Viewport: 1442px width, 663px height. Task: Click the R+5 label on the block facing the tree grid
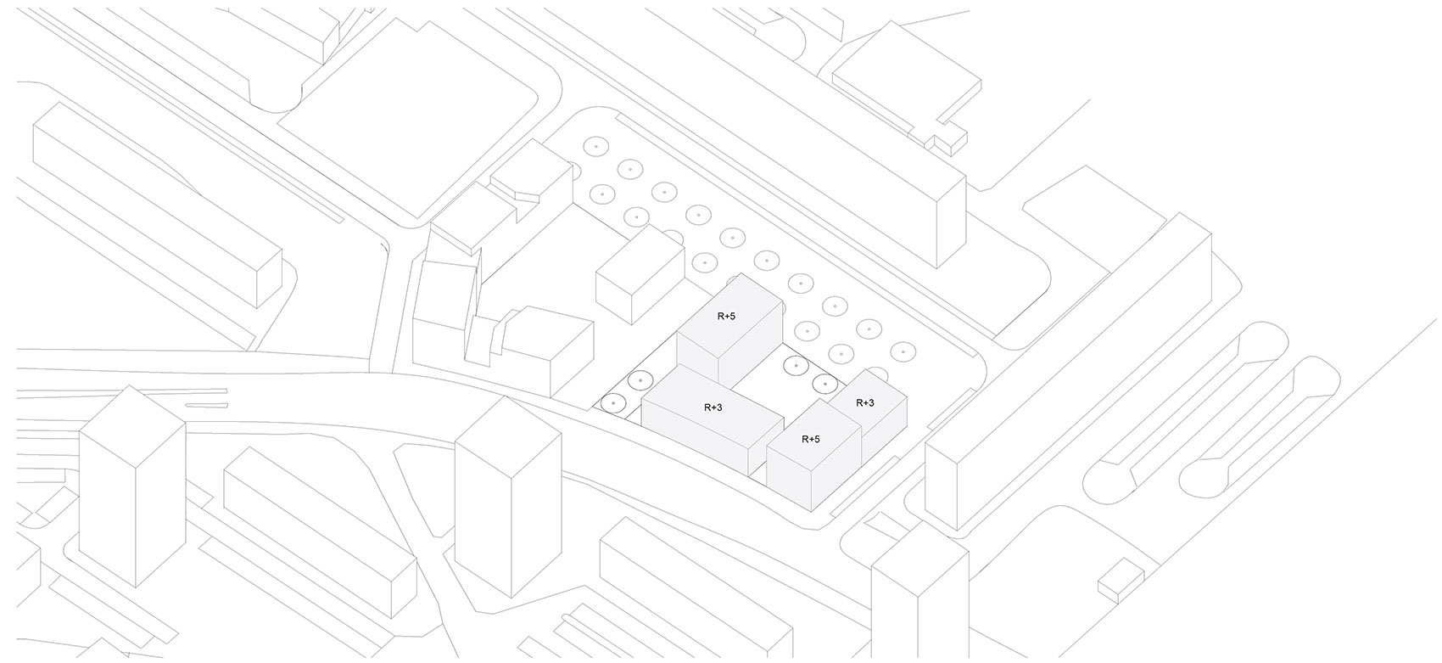(x=725, y=317)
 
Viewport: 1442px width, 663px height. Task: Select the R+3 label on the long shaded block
(x=713, y=407)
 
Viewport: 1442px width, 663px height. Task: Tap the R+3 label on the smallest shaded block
(x=865, y=402)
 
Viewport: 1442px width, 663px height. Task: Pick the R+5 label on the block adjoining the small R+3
(x=810, y=440)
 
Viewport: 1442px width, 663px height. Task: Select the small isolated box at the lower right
(x=1121, y=581)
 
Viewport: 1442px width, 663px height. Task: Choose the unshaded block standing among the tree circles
(x=640, y=274)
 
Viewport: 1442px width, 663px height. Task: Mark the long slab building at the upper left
(x=158, y=205)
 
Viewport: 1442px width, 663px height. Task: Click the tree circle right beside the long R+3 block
(x=640, y=381)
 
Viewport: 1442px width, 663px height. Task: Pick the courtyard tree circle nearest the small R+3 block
(x=824, y=384)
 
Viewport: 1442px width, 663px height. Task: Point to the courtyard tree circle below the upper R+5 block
(x=796, y=366)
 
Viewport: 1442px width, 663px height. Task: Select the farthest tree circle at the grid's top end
(x=596, y=148)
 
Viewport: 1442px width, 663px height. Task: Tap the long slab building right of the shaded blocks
(x=1069, y=372)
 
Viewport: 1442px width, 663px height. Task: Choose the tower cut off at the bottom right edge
(x=920, y=593)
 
